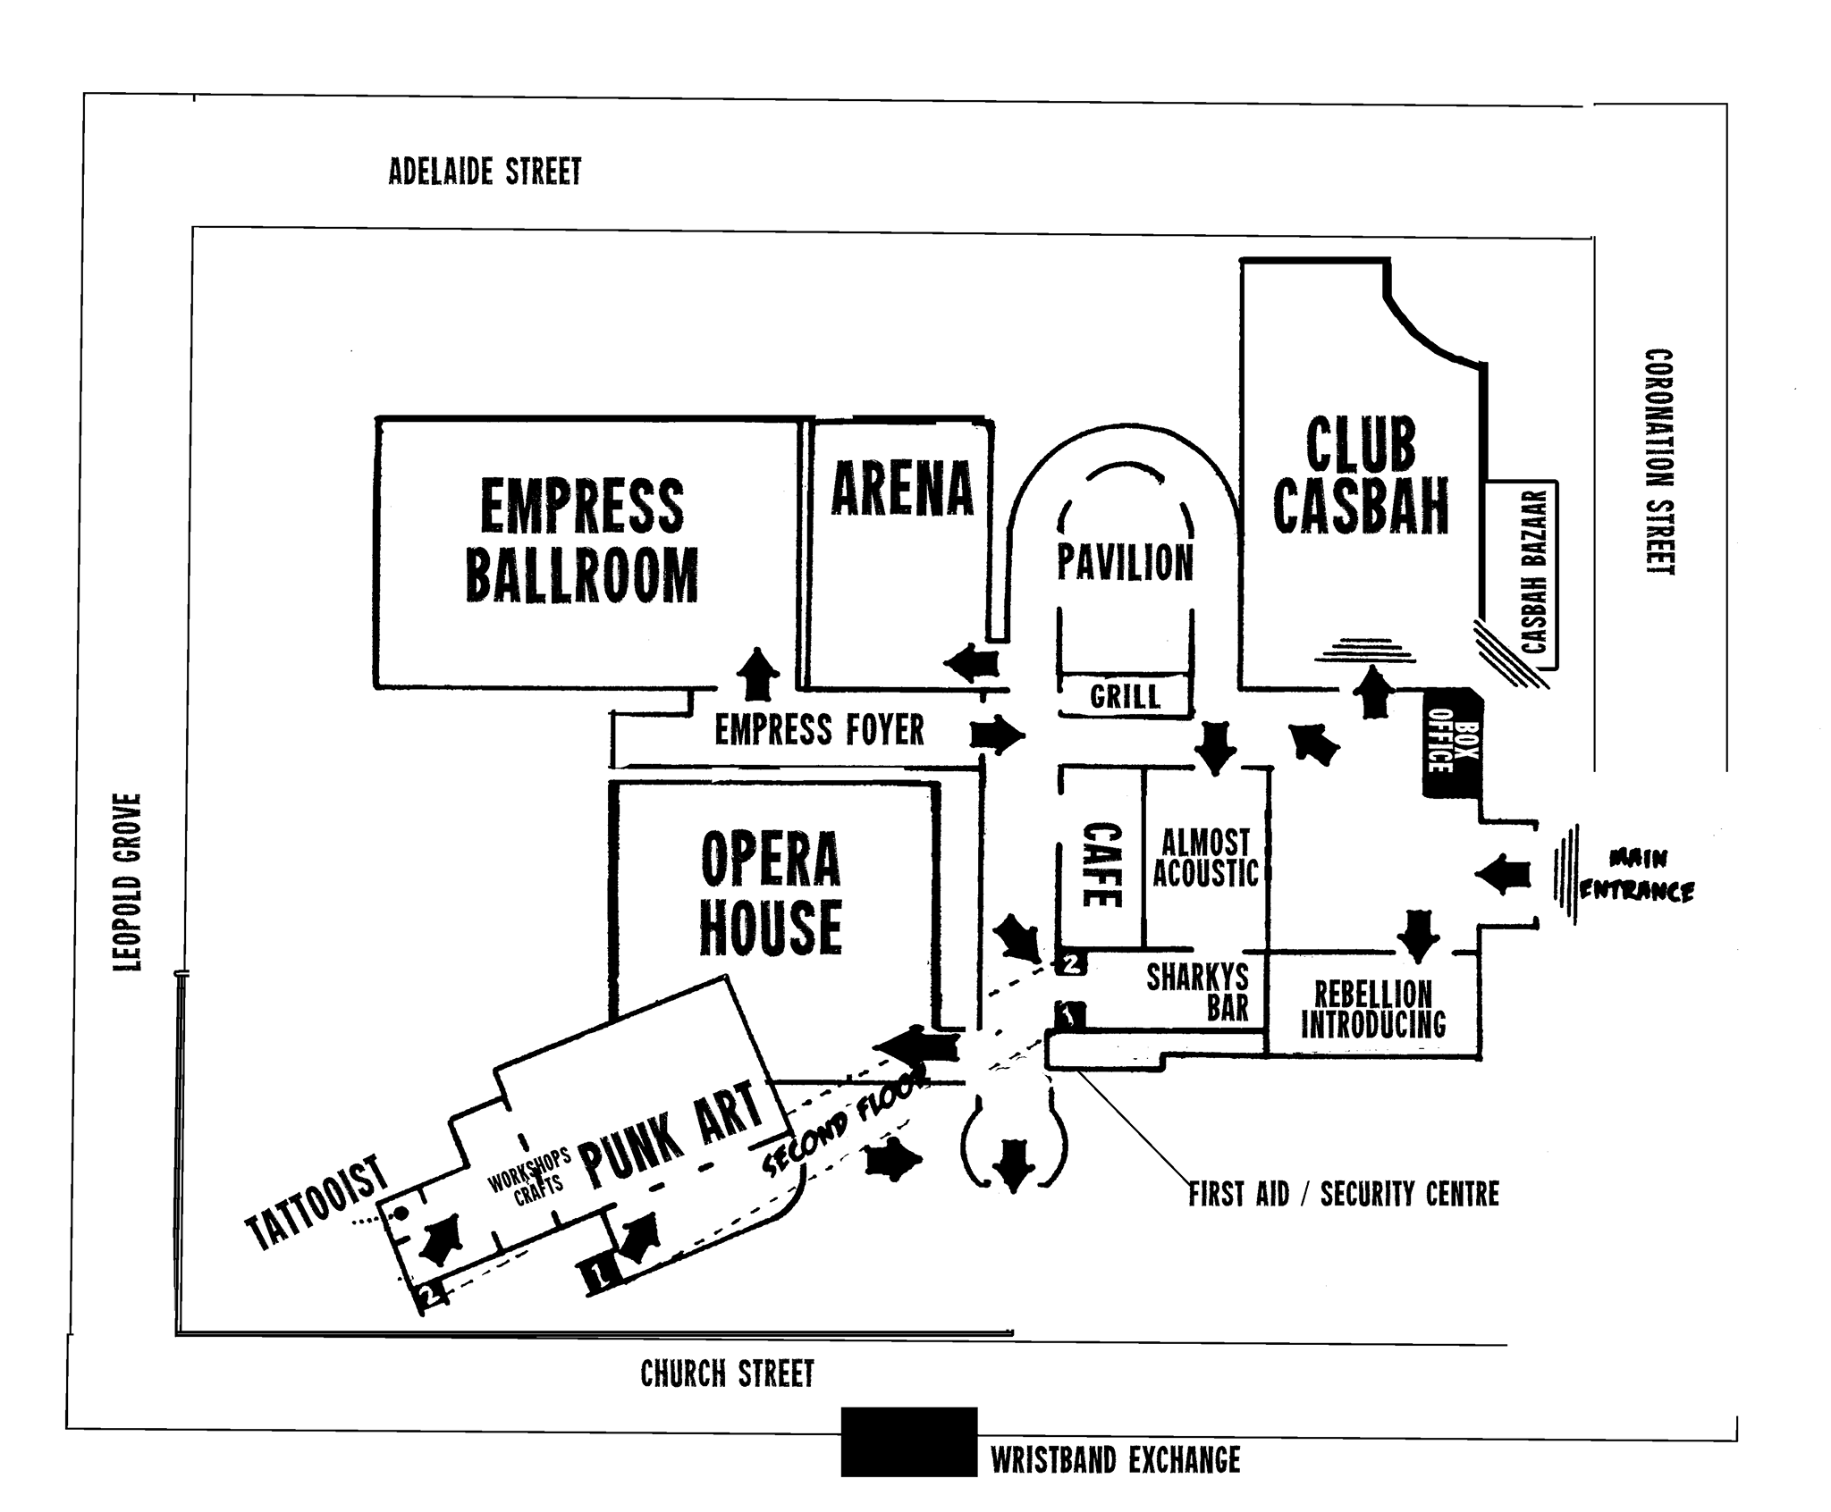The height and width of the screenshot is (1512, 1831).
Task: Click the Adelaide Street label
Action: [x=485, y=172]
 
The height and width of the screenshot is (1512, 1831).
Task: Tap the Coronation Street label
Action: [x=1659, y=461]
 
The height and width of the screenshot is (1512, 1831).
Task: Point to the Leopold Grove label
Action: [x=128, y=883]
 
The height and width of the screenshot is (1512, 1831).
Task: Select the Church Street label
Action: [x=728, y=1373]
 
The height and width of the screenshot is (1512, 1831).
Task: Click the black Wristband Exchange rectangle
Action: [x=909, y=1442]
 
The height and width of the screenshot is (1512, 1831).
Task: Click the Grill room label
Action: [x=1125, y=696]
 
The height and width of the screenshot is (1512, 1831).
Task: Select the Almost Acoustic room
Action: [x=1206, y=857]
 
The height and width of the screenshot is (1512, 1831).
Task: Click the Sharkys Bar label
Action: [x=1198, y=992]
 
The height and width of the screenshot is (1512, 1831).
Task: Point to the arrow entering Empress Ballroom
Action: [x=758, y=673]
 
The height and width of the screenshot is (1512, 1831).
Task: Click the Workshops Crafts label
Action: [x=529, y=1172]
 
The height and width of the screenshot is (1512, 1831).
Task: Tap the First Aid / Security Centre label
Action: [x=1344, y=1194]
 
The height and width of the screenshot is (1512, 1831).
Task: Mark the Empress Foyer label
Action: [x=819, y=730]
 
